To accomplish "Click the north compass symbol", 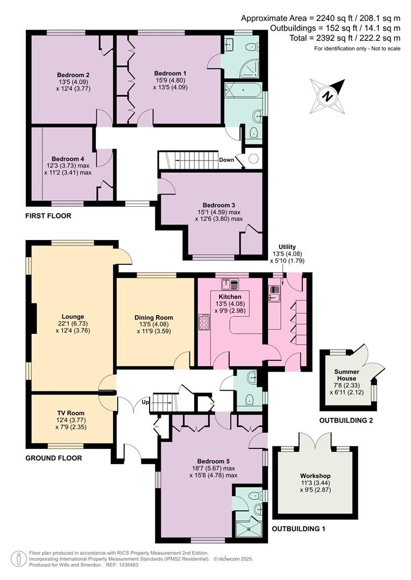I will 327,95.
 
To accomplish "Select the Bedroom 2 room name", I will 73,75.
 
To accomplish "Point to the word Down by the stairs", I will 227,160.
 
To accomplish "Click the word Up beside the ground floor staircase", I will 145,402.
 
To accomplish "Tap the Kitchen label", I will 230,296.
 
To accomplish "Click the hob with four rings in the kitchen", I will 205,322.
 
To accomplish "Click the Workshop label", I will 315,476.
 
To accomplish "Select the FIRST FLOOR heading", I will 48,216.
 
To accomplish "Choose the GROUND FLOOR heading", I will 53,458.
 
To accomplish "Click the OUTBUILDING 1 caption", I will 299,529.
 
